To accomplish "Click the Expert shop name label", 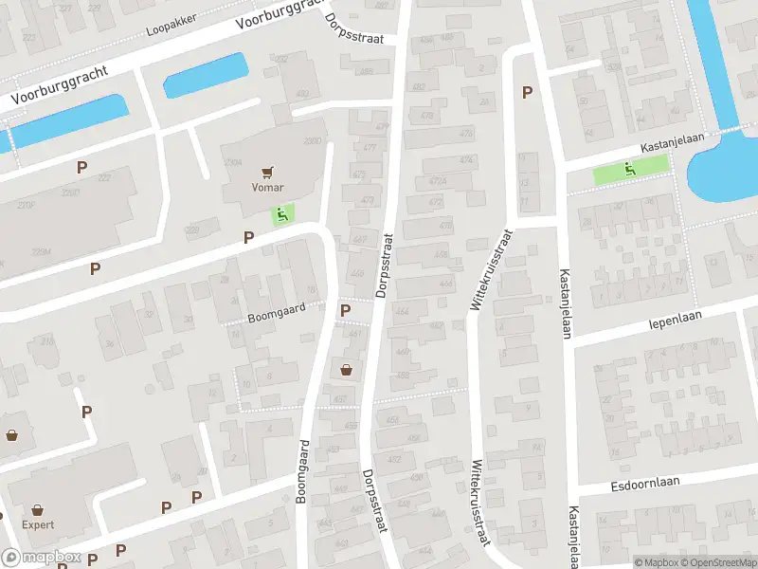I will (x=37, y=524).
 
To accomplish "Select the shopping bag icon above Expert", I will (x=37, y=509).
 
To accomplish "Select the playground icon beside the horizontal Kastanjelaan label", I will (x=630, y=169).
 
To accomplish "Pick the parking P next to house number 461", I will (x=345, y=310).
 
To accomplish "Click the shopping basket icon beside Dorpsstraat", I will (x=346, y=369).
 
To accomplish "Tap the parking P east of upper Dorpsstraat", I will (x=527, y=92).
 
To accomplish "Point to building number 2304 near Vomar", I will (x=232, y=162).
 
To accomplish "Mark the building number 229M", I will (x=41, y=250).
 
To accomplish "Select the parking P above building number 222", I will (x=82, y=166).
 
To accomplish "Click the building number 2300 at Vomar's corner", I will (x=312, y=140).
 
